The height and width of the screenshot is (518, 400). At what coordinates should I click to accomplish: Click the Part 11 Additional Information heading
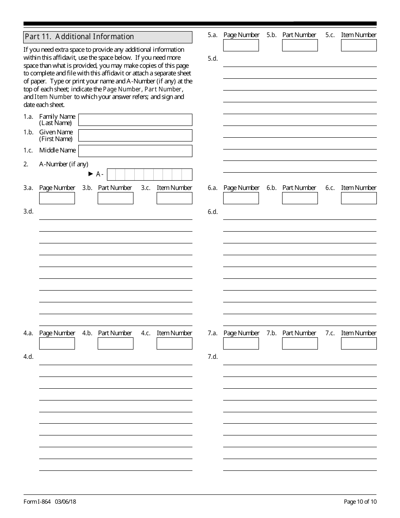pyautogui.click(x=79, y=37)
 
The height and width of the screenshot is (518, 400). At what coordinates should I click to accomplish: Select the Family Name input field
pyautogui.click(x=135, y=120)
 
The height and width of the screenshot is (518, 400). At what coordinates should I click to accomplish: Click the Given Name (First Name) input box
pyautogui.click(x=135, y=135)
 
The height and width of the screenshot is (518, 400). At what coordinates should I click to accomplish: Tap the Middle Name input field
pyautogui.click(x=135, y=151)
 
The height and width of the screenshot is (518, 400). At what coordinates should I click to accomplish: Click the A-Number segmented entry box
pyautogui.click(x=149, y=174)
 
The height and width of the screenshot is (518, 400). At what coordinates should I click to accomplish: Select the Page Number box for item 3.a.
pyautogui.click(x=57, y=198)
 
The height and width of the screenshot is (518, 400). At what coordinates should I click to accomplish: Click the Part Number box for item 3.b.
pyautogui.click(x=115, y=198)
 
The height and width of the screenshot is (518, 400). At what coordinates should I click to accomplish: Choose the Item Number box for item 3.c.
pyautogui.click(x=174, y=198)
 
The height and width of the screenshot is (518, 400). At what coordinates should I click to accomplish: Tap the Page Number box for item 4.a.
pyautogui.click(x=57, y=344)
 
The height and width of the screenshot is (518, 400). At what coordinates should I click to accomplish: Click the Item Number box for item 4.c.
pyautogui.click(x=174, y=344)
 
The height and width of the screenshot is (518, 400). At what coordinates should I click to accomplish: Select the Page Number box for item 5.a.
pyautogui.click(x=241, y=45)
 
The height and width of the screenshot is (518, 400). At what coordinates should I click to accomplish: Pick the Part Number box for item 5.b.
pyautogui.click(x=300, y=45)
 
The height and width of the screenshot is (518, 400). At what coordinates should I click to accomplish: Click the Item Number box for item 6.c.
pyautogui.click(x=359, y=198)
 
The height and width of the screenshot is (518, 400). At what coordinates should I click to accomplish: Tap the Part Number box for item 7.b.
pyautogui.click(x=300, y=344)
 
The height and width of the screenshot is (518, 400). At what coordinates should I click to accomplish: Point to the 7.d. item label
pyautogui.click(x=213, y=357)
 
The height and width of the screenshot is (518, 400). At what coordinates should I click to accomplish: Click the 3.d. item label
pyautogui.click(x=28, y=211)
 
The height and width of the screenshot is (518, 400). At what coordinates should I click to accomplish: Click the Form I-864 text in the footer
pyautogui.click(x=35, y=502)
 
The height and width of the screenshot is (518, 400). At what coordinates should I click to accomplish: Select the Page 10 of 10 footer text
pyautogui.click(x=360, y=502)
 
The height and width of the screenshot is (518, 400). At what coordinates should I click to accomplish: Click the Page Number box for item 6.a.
pyautogui.click(x=241, y=198)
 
